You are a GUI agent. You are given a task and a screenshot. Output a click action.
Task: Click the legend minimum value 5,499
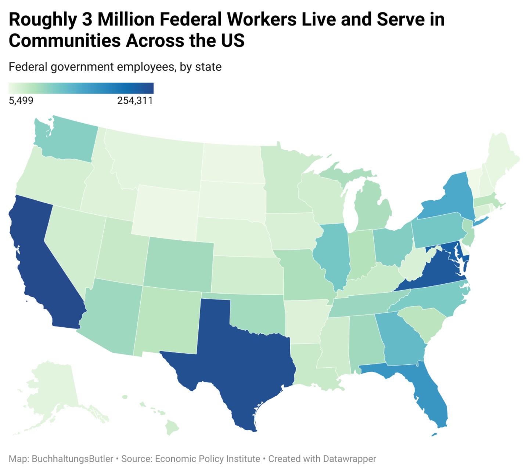tap(21, 101)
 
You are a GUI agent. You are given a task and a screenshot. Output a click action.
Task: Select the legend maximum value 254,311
tap(135, 101)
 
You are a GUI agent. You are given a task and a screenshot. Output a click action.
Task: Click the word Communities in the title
tap(64, 40)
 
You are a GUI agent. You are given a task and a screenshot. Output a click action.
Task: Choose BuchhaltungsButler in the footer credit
tap(72, 459)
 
